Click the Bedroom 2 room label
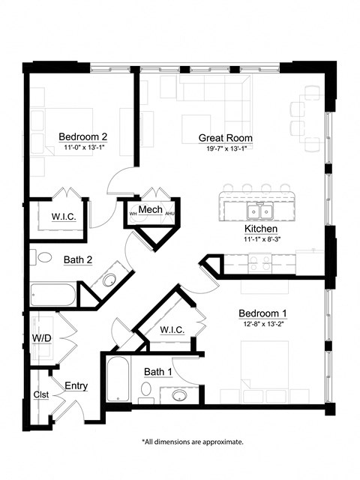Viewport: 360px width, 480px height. click(83, 136)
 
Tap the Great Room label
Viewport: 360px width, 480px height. click(225, 138)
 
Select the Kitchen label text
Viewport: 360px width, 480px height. click(261, 228)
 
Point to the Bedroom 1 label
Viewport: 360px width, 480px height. click(263, 313)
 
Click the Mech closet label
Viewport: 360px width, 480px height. click(151, 209)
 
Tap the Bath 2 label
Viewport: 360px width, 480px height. click(56, 260)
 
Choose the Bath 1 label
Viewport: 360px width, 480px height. click(158, 371)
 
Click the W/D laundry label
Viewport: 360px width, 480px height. click(42, 337)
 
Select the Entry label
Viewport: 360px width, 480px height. click(76, 386)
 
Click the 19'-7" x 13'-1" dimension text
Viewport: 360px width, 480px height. click(225, 148)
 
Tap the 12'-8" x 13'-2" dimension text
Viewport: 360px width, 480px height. click(263, 324)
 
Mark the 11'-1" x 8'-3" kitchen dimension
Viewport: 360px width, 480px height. click(261, 239)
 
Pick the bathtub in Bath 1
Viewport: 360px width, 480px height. click(117, 379)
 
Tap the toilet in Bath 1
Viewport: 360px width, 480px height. click(147, 388)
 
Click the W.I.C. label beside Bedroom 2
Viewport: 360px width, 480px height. click(62, 217)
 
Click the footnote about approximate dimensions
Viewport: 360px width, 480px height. click(192, 442)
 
